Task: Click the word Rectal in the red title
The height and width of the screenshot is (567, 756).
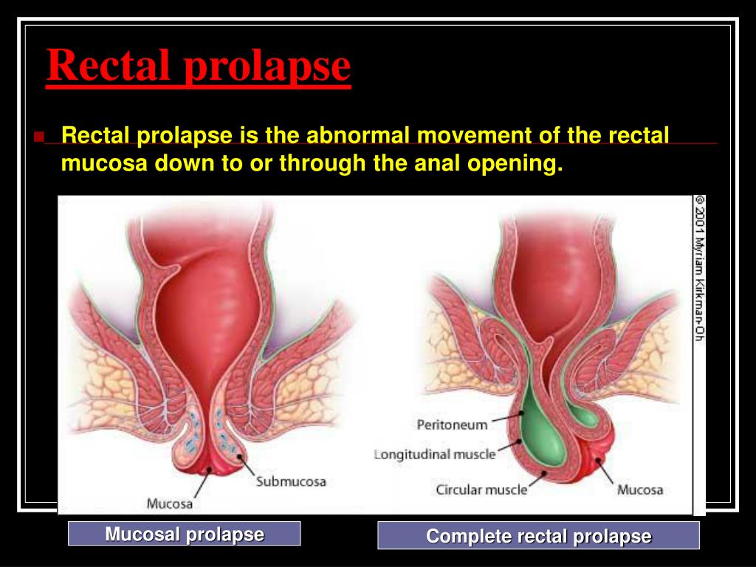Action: coord(109,65)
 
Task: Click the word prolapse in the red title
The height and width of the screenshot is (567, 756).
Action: coord(267,67)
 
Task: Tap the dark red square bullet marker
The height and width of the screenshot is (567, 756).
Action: coord(39,136)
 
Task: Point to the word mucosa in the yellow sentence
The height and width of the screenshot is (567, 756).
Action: coord(104,163)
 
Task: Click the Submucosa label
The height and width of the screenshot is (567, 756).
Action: coord(291,481)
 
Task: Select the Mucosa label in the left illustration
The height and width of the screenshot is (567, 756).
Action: coord(169,504)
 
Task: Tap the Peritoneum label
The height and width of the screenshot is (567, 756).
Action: coord(453,425)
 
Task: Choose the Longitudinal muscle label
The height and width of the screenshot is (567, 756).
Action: coord(435,454)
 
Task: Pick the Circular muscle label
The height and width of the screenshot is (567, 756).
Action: coord(481,490)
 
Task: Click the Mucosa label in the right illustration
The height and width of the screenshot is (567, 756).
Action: coord(640,490)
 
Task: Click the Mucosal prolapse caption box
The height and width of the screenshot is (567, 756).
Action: coord(184,534)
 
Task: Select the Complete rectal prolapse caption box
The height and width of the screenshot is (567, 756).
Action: coord(538,536)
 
